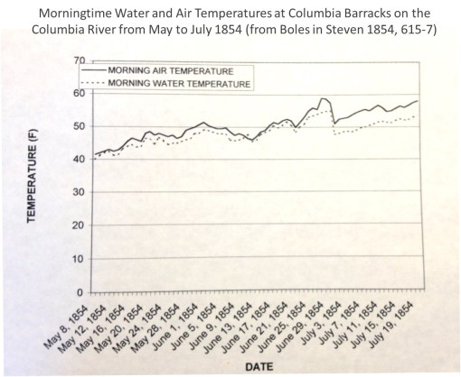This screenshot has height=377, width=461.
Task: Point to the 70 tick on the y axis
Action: click(79, 60)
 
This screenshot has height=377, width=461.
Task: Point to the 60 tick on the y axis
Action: click(79, 93)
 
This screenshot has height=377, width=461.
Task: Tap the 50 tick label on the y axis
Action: click(79, 126)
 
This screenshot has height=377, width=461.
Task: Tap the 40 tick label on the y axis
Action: click(79, 160)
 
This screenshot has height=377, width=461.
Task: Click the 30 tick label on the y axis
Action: click(79, 193)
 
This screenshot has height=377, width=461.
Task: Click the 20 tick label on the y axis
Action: click(79, 226)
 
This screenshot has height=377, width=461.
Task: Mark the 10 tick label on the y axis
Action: click(79, 260)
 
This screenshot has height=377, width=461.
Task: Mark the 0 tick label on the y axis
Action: click(81, 293)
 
